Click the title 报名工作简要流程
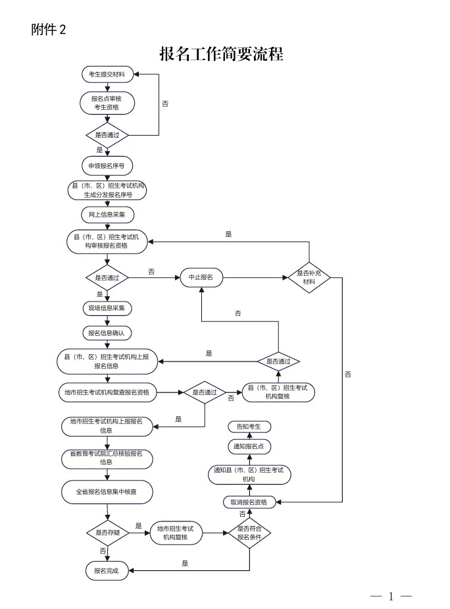[221, 54]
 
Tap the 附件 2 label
[49, 30]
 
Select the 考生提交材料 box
[107, 74]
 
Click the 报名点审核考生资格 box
[107, 102]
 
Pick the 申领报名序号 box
[107, 165]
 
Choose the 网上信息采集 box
[107, 215]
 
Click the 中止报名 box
[201, 277]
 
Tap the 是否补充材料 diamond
[309, 277]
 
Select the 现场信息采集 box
[107, 308]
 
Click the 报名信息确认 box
[107, 333]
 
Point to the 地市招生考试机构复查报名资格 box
[107, 393]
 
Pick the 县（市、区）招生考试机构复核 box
[278, 392]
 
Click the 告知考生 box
[249, 427]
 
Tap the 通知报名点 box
[249, 446]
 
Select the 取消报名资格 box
[249, 502]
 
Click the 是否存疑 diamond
[107, 532]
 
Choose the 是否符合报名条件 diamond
[249, 533]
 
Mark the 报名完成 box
[107, 571]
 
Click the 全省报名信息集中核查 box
[107, 491]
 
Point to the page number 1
[391, 596]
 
